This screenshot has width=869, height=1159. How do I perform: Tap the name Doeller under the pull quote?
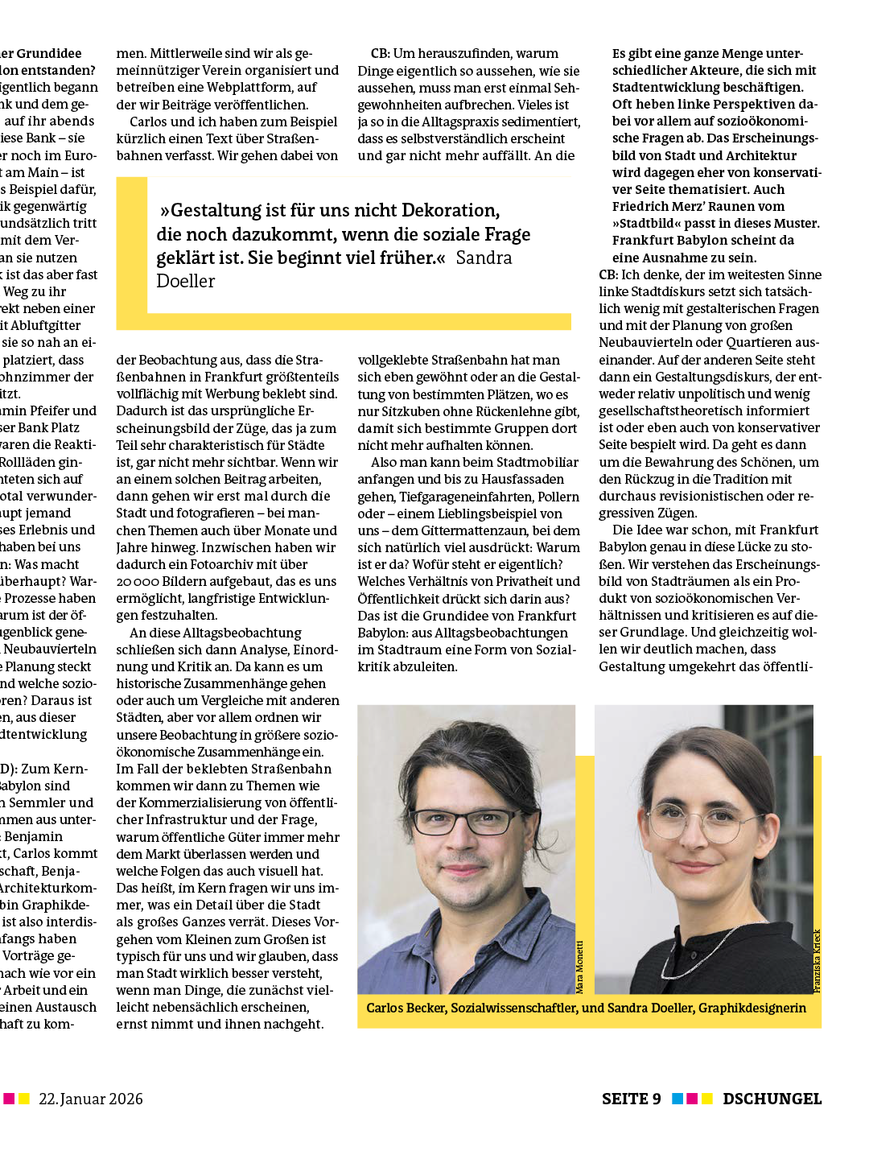click(x=186, y=281)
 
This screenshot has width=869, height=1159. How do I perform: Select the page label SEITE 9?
click(x=631, y=1099)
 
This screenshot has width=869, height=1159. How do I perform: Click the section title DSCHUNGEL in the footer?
click(x=772, y=1099)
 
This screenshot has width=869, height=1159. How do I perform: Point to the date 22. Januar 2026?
click(x=91, y=1099)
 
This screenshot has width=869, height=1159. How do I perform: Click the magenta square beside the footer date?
click(x=9, y=1099)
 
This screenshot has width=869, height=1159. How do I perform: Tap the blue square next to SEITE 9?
click(x=677, y=1099)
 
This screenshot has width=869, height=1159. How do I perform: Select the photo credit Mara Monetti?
click(x=579, y=967)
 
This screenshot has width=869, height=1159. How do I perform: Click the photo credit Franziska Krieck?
click(x=817, y=961)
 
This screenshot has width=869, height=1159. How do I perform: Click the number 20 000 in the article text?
click(x=138, y=581)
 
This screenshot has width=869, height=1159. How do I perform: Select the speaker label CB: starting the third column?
click(x=380, y=54)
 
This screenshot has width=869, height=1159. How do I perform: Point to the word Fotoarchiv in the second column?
click(x=211, y=564)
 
